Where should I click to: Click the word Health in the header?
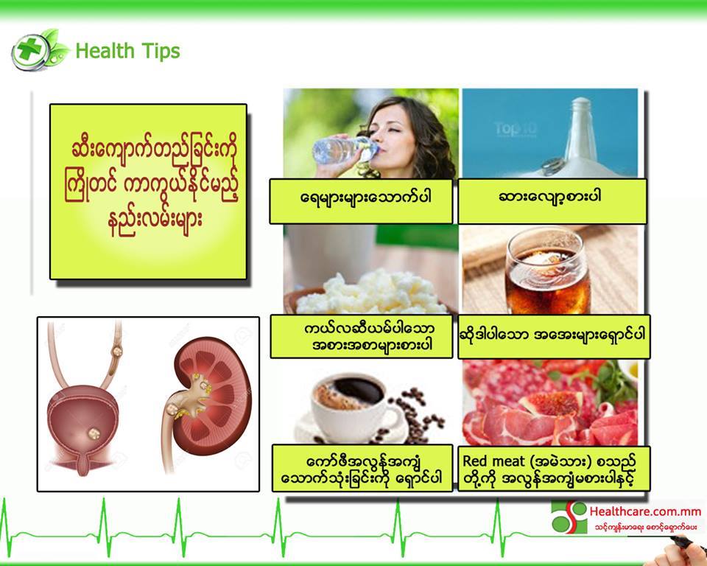(x=105, y=51)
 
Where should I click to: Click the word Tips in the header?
(x=160, y=51)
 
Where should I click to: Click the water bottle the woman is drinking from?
(x=344, y=150)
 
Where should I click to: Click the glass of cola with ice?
(x=547, y=271)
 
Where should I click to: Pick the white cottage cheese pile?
(x=370, y=293)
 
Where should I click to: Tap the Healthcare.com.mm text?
(x=645, y=511)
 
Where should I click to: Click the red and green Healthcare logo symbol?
(x=569, y=517)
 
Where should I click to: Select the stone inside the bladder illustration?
(x=94, y=434)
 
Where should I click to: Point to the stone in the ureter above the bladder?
(x=117, y=351)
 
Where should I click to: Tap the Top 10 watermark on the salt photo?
(x=515, y=129)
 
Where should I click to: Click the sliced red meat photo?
(x=550, y=403)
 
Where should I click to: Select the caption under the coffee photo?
(x=362, y=468)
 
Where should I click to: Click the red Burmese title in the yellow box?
(x=150, y=184)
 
